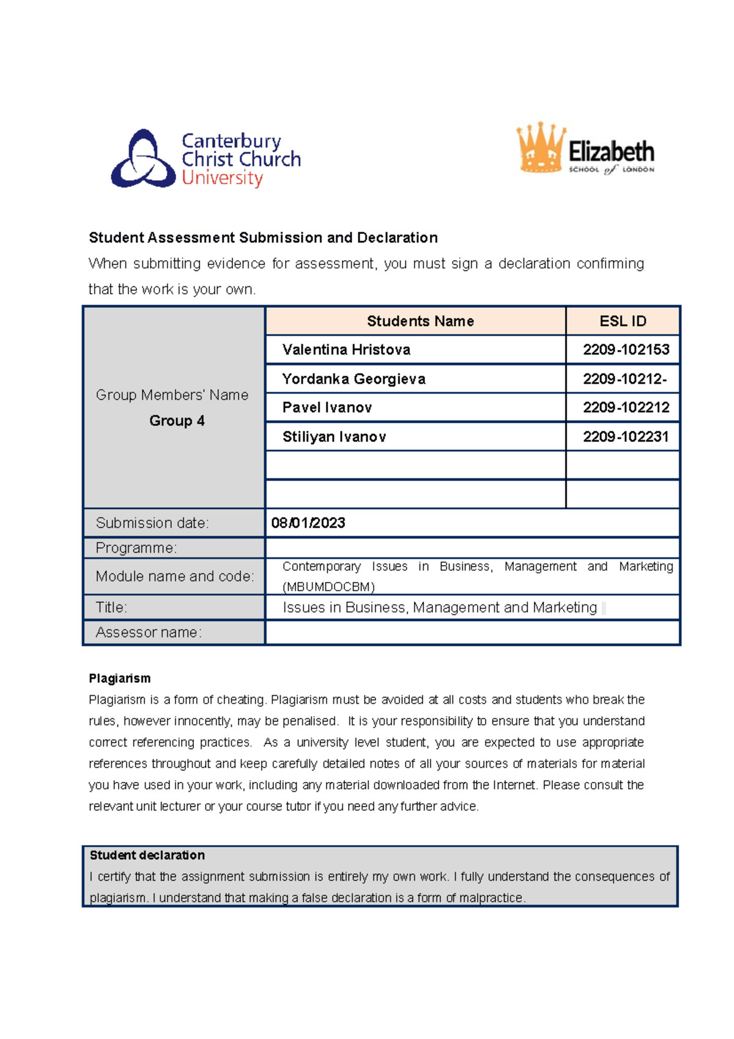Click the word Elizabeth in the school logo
[611, 151]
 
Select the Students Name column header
[420, 321]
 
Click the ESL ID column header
[623, 321]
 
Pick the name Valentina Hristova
[346, 350]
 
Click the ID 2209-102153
[626, 350]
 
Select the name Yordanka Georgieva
[354, 379]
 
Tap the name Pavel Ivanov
[327, 408]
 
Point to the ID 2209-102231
[626, 437]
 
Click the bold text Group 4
[177, 421]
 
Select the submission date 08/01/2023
[308, 523]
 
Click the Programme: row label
[136, 548]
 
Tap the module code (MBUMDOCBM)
[328, 587]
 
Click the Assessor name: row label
[149, 633]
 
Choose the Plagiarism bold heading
[119, 679]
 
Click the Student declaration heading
[147, 855]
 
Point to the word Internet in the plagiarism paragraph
[515, 785]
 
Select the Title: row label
[111, 608]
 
